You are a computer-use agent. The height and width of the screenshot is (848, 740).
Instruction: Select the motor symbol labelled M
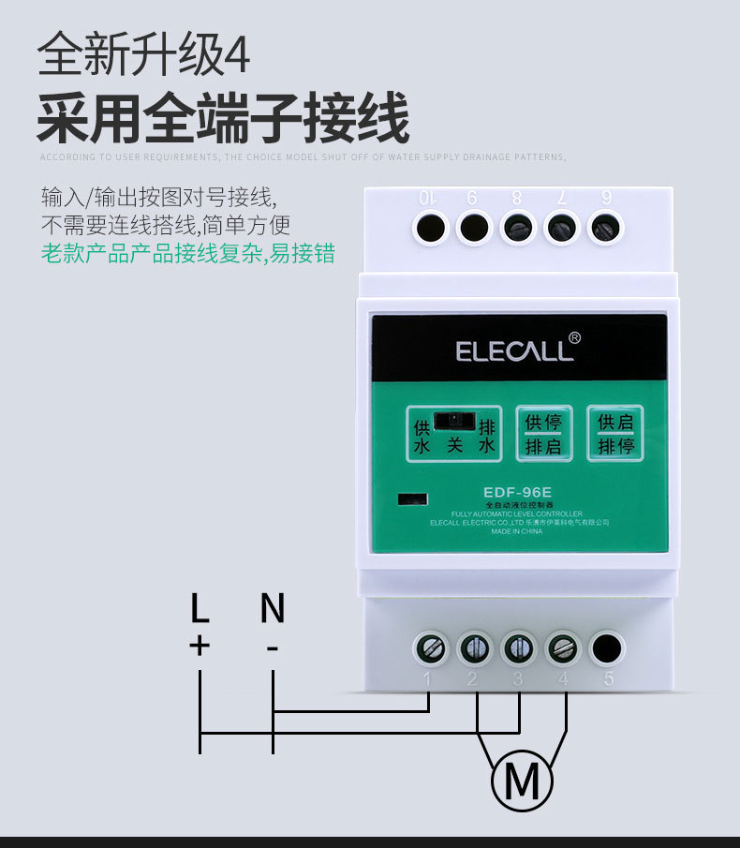[x=522, y=780]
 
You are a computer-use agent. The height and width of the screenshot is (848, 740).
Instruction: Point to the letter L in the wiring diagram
[x=200, y=609]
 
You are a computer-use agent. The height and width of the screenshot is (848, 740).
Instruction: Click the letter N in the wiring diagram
[x=272, y=609]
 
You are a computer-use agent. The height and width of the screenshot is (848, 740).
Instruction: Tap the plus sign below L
[x=200, y=646]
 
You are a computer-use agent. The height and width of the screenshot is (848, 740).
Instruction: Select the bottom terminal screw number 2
[x=474, y=647]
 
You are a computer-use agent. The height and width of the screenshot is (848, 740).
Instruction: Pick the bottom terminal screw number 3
[x=518, y=647]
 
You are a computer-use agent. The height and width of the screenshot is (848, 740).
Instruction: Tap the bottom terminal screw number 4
[x=562, y=647]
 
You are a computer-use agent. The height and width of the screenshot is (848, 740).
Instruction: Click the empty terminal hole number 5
[x=607, y=647]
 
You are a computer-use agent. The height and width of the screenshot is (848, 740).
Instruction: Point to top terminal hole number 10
[x=430, y=228]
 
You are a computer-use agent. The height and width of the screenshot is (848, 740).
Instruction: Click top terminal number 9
[x=474, y=228]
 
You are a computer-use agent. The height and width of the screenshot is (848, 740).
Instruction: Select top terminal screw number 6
[x=606, y=228]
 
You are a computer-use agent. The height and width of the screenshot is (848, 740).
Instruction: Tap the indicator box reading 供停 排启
[x=543, y=434]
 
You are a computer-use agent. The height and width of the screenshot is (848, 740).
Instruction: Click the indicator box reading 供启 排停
[x=615, y=433]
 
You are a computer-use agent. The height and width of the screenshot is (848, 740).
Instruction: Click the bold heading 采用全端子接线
[x=223, y=119]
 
